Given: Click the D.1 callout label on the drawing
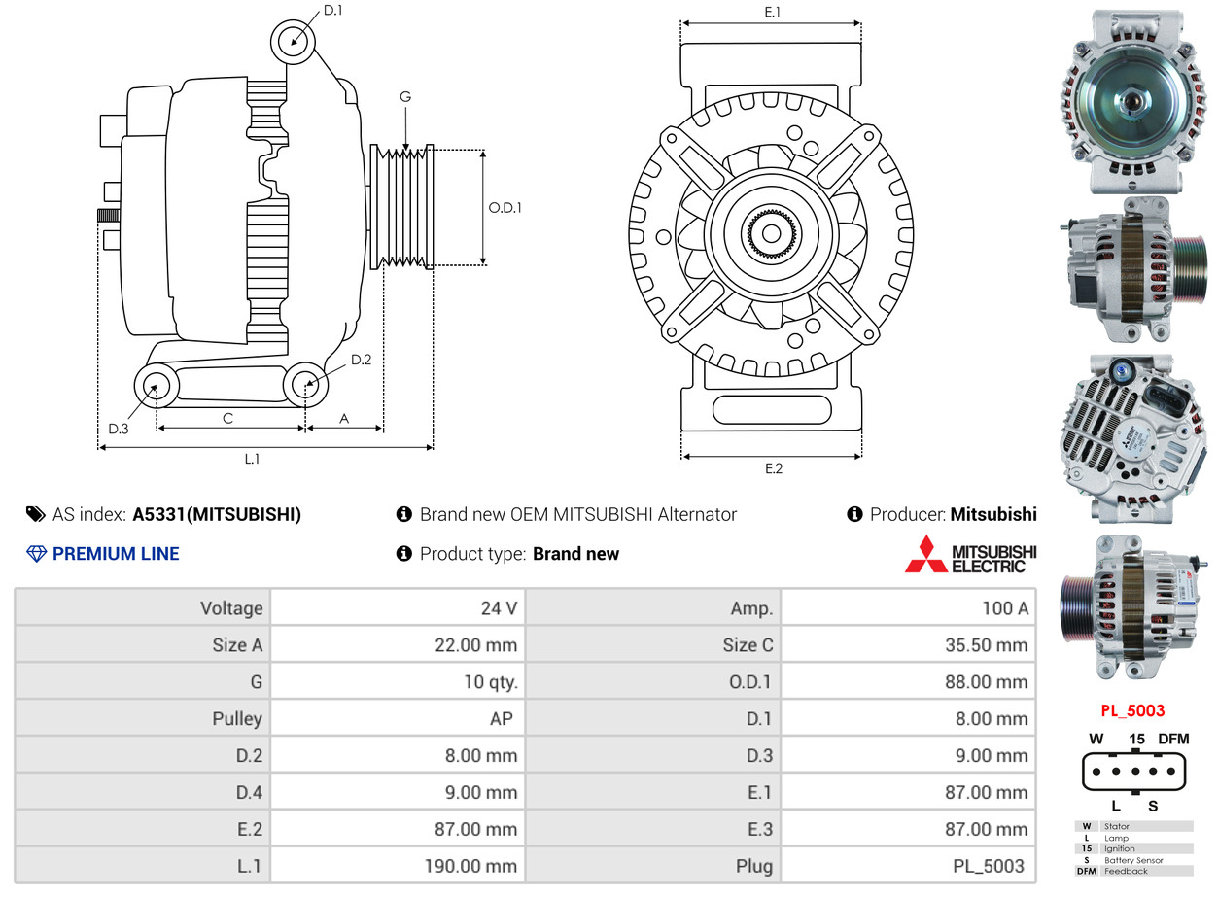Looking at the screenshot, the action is tap(332, 11).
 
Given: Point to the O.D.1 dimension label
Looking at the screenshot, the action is tap(505, 208).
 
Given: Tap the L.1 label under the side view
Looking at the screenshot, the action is tap(252, 460).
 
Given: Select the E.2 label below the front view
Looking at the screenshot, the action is tap(774, 468).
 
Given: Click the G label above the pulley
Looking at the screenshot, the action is tap(405, 97).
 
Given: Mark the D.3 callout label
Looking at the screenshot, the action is tap(119, 430).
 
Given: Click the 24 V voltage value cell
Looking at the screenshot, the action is tap(500, 608).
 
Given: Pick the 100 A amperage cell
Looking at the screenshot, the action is tap(1005, 608).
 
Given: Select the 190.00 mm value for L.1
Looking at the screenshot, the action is tap(470, 866).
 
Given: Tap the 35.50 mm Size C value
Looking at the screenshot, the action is tap(987, 645).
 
